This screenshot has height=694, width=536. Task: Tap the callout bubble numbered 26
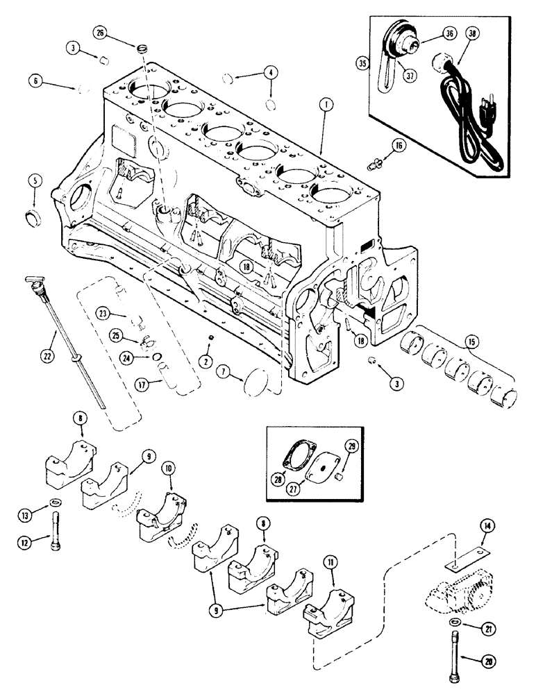click(x=101, y=32)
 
